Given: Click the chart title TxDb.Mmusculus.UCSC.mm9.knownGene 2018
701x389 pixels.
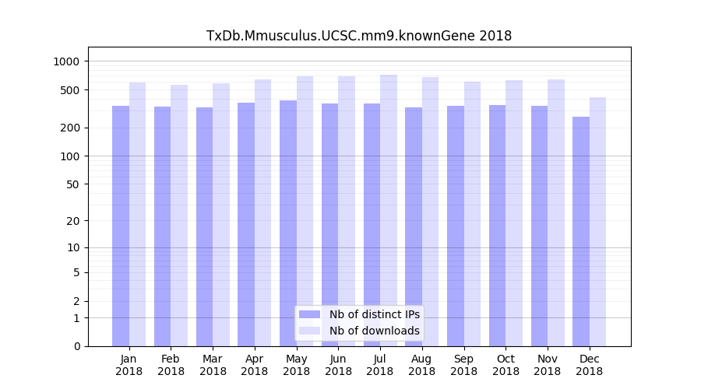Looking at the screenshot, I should coord(358,36).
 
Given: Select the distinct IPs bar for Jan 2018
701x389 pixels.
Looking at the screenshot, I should coord(121,226).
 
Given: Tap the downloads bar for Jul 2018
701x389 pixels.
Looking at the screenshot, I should coord(389,210).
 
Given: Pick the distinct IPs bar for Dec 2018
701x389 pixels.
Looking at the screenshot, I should coord(581,231).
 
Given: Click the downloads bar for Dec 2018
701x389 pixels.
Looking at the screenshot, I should coord(598,222).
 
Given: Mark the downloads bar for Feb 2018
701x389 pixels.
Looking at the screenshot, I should coord(179,216).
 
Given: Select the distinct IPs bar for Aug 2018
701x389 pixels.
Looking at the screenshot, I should coord(414,226).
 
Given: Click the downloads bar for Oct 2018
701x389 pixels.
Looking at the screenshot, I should coord(514,213).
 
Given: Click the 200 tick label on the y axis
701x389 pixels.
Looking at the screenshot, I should coord(72,128).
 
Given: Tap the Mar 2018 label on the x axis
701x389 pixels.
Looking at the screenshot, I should coord(213,365).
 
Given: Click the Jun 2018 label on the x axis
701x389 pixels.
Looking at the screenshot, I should coord(338,365).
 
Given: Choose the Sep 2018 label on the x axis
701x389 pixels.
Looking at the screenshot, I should coord(463,365).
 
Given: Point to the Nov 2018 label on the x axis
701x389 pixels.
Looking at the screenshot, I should coord(548,365).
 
